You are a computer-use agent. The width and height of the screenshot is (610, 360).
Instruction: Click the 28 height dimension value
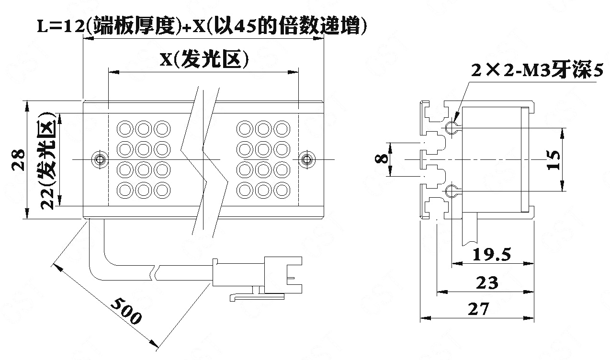pos(19,160)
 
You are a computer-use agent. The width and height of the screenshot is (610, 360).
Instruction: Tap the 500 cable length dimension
pos(126,311)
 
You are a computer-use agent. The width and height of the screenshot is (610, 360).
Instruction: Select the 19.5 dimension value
pos(492,255)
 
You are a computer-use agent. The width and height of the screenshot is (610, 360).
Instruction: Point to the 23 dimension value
pos(487,282)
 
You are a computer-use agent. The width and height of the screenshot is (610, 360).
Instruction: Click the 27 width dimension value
pos(478,309)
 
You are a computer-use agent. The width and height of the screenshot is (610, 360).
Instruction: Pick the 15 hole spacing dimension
pos(553,160)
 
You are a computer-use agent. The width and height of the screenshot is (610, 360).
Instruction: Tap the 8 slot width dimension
pos(381,159)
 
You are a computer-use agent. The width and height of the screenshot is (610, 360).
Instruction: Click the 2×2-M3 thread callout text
pos(537,70)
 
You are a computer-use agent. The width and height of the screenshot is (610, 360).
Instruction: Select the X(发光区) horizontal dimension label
pos(204,59)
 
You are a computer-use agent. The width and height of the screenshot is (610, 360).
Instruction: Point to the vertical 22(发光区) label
pos(48,161)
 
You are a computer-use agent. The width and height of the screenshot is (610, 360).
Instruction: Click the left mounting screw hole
pos(100,159)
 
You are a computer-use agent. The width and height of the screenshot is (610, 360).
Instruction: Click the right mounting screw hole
pos(307,159)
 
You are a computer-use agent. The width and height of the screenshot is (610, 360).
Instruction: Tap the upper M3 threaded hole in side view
pos(452,127)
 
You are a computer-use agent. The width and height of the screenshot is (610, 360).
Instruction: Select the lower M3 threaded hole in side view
pos(452,191)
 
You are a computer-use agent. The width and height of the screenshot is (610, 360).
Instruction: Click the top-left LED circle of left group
pos(125,129)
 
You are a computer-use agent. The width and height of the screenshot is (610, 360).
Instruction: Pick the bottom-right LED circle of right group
pos(282,190)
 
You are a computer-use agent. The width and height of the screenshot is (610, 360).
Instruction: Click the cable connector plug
pos(257,276)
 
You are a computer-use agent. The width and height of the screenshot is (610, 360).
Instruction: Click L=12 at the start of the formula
pos(60,27)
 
